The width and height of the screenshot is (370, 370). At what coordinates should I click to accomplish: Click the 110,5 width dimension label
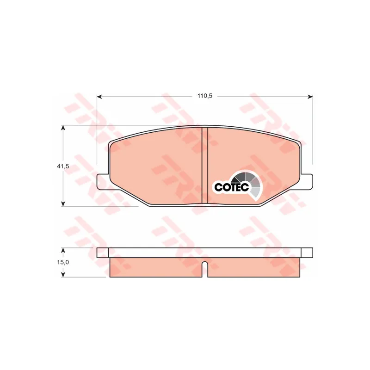click(205, 96)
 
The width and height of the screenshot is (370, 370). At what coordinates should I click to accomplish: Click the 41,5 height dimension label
click(63, 166)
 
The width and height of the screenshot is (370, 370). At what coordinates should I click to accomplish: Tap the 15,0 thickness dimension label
click(63, 262)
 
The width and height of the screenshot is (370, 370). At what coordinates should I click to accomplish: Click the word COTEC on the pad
click(232, 187)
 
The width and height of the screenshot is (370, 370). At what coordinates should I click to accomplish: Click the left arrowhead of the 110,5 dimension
click(99, 97)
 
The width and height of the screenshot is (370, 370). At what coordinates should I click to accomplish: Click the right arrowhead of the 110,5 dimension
click(310, 97)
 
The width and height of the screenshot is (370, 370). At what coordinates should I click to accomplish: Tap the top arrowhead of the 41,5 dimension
click(63, 128)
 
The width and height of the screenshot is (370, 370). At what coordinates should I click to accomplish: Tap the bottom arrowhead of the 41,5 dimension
click(63, 203)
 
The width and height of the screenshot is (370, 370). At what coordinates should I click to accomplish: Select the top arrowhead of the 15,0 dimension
click(63, 250)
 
